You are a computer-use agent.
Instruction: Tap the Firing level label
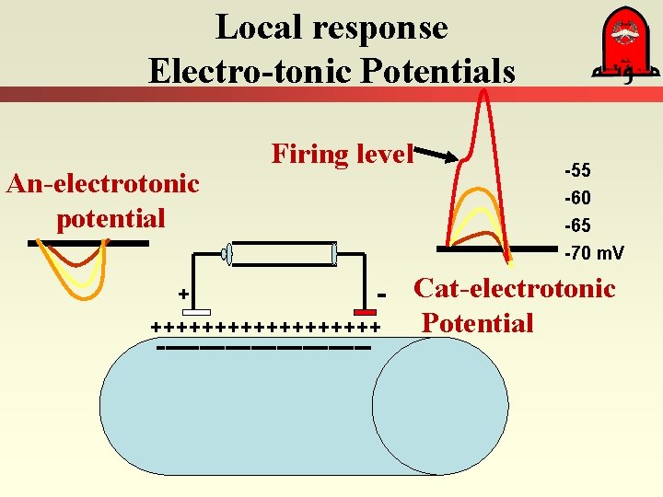click(343, 154)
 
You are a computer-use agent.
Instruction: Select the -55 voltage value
click(577, 171)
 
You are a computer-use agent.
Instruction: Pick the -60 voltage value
click(577, 199)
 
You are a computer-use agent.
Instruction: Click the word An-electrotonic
click(102, 183)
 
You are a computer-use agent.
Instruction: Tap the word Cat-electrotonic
click(514, 289)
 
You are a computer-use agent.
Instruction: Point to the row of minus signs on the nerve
click(263, 348)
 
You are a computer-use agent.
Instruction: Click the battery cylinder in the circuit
click(280, 254)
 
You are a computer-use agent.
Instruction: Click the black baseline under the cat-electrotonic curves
click(497, 248)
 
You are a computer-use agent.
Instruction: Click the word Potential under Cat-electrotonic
click(477, 324)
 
